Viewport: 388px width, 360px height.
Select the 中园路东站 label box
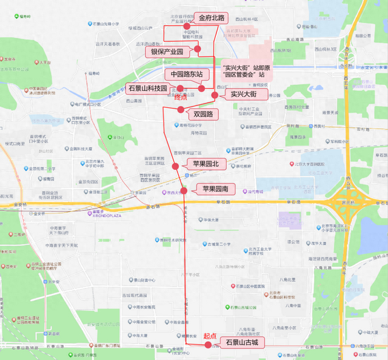point(190,74)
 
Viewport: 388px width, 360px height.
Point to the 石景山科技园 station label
point(147,88)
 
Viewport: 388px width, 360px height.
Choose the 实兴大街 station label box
point(244,95)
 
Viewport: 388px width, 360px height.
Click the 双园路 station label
point(202,114)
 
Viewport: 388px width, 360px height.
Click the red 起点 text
point(210,335)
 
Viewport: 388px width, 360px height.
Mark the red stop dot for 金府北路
point(187,27)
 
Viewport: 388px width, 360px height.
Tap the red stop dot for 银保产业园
point(197,49)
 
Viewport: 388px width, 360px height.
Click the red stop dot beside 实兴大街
point(214,95)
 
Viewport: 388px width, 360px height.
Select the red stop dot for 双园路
point(180,109)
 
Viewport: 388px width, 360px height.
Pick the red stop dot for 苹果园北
point(175,166)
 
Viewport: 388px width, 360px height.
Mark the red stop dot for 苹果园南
point(183,190)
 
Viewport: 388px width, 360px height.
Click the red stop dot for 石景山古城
point(208,344)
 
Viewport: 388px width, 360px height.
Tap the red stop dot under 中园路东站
point(202,88)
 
